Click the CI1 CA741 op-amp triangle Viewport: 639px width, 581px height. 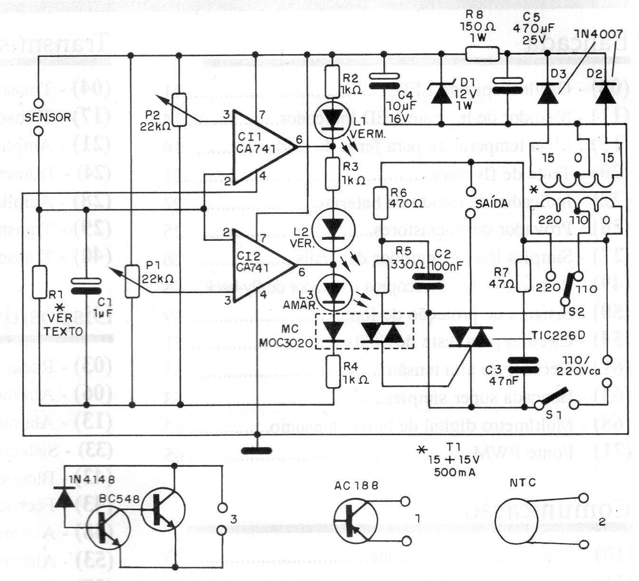tap(259, 147)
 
